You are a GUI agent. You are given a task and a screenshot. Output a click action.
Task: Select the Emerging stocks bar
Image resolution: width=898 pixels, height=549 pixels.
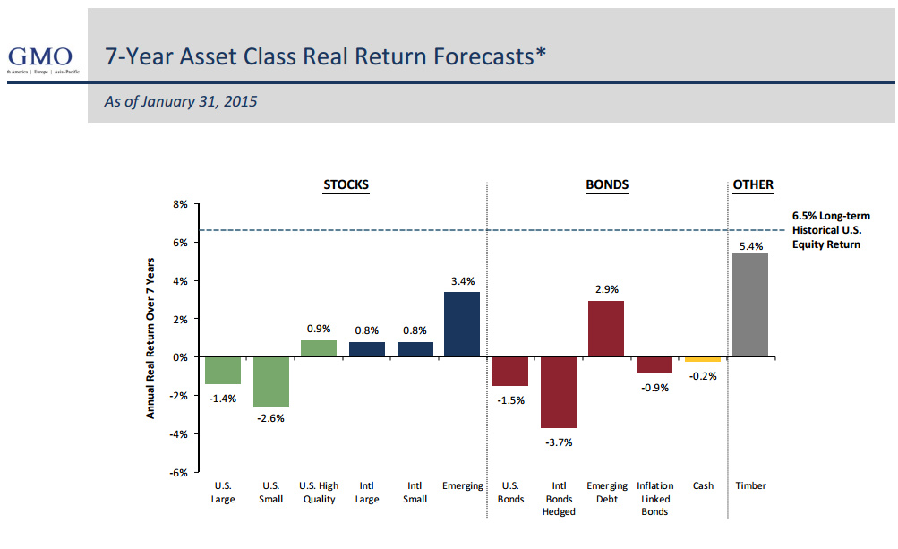coord(462,324)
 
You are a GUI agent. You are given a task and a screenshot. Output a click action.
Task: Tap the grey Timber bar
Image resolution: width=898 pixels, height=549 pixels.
coord(750,305)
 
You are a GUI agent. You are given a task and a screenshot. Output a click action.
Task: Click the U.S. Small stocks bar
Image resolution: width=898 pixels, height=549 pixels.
coord(270,382)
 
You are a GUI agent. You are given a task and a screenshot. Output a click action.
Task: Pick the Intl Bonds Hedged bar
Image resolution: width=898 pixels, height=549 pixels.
coord(559,392)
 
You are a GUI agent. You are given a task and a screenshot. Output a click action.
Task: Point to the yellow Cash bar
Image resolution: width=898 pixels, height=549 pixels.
coord(703,359)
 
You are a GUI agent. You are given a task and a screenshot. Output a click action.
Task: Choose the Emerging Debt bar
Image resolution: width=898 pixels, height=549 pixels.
coord(606,329)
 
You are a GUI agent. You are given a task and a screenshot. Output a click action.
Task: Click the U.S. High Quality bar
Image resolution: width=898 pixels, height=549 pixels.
coord(319,348)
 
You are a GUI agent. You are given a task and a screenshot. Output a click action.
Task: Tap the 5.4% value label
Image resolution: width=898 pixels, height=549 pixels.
coord(750,245)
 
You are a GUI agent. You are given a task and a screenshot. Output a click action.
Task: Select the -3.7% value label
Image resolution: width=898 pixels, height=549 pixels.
coord(559,442)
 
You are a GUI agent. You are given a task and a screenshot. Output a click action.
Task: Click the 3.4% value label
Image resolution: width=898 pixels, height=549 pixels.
coord(462,280)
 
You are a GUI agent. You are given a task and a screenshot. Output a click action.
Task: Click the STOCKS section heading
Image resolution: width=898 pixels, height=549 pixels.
coord(346,185)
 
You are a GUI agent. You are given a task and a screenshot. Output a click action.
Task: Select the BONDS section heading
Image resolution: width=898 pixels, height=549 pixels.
coord(607,185)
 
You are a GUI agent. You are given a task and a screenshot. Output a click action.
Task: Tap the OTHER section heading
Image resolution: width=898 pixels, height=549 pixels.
coord(753,185)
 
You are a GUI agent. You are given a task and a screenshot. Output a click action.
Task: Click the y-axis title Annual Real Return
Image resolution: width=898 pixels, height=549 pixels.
coord(150,338)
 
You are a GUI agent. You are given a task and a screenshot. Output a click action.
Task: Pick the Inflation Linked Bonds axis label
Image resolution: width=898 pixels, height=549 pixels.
coord(654,499)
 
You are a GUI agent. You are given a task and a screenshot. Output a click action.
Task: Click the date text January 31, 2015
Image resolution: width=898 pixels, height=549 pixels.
coord(181,101)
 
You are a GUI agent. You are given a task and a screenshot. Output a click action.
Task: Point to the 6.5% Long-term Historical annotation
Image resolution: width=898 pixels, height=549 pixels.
coord(831,230)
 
